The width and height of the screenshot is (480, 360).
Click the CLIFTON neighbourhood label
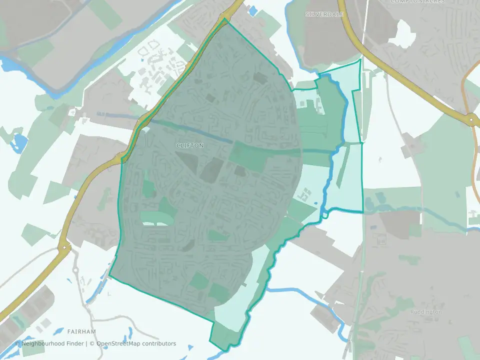[x=190, y=145]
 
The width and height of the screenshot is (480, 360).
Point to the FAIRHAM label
[x=81, y=331]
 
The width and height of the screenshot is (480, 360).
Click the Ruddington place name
[x=425, y=312]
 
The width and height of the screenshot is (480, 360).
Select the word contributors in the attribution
[x=159, y=343]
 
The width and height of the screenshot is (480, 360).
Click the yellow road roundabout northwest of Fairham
[x=64, y=247]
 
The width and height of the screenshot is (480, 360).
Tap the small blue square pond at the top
[x=252, y=9]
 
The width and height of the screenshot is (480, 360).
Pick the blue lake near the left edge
[x=19, y=142]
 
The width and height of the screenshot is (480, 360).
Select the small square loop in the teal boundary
[x=325, y=215]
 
